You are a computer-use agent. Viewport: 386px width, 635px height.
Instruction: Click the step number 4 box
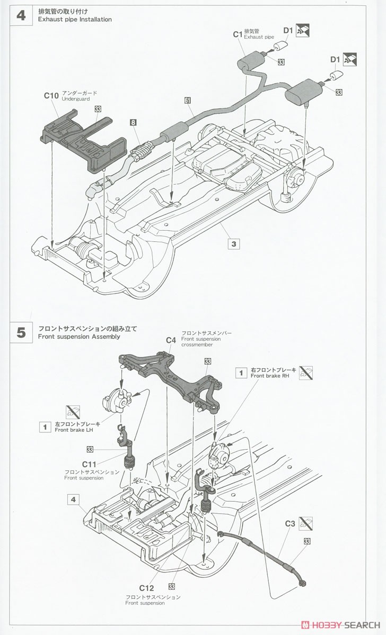(x=21, y=15)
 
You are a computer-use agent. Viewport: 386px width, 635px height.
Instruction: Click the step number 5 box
(x=21, y=332)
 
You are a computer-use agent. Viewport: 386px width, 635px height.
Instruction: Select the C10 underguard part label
(x=51, y=96)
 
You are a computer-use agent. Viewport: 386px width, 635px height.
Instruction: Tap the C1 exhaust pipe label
(x=238, y=34)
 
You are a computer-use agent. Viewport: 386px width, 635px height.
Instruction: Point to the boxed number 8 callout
(x=133, y=122)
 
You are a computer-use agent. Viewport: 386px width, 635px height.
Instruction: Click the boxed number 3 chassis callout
(x=234, y=244)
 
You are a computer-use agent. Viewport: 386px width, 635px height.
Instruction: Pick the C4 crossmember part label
(x=171, y=340)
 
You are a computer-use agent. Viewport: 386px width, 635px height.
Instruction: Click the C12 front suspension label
(x=146, y=588)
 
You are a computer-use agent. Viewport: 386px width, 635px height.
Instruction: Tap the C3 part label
(x=289, y=524)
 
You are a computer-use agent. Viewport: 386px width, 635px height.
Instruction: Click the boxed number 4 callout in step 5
(x=73, y=498)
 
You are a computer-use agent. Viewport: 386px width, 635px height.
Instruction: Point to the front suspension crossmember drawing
(x=170, y=376)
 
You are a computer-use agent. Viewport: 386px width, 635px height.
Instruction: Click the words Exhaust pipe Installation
(x=75, y=20)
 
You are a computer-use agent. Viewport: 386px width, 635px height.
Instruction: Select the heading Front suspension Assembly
(x=79, y=336)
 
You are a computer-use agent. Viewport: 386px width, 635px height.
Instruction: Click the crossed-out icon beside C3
(x=305, y=524)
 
